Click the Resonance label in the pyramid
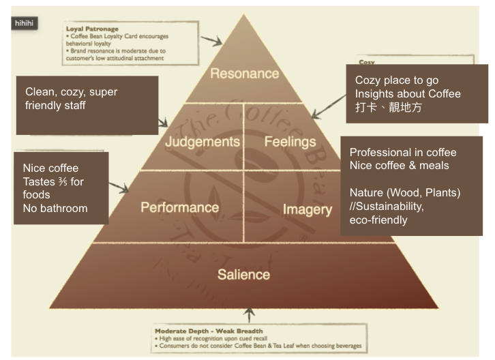pos(244,74)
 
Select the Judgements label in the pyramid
pos(202,142)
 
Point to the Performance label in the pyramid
pos(180,207)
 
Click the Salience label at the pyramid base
pos(243,275)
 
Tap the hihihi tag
pos(25,22)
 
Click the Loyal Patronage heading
pos(92,29)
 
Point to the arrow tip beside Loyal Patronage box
pos(222,44)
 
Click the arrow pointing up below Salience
pos(249,313)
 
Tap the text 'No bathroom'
pos(55,209)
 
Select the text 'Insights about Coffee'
pos(408,94)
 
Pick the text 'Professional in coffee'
pos(403,152)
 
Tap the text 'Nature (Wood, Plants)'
pos(405,193)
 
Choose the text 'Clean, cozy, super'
pos(76,91)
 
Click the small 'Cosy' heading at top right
pos(367,62)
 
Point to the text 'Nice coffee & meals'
pos(399,166)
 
